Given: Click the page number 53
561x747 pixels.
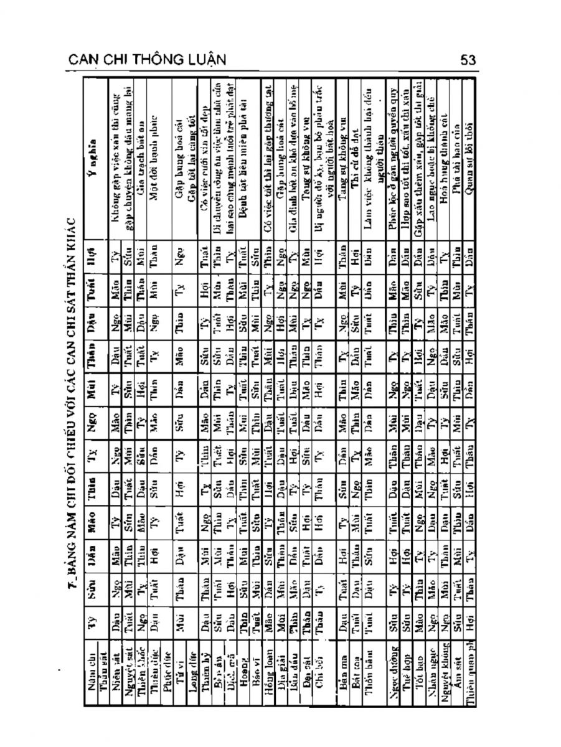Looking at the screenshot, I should coord(468,60).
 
